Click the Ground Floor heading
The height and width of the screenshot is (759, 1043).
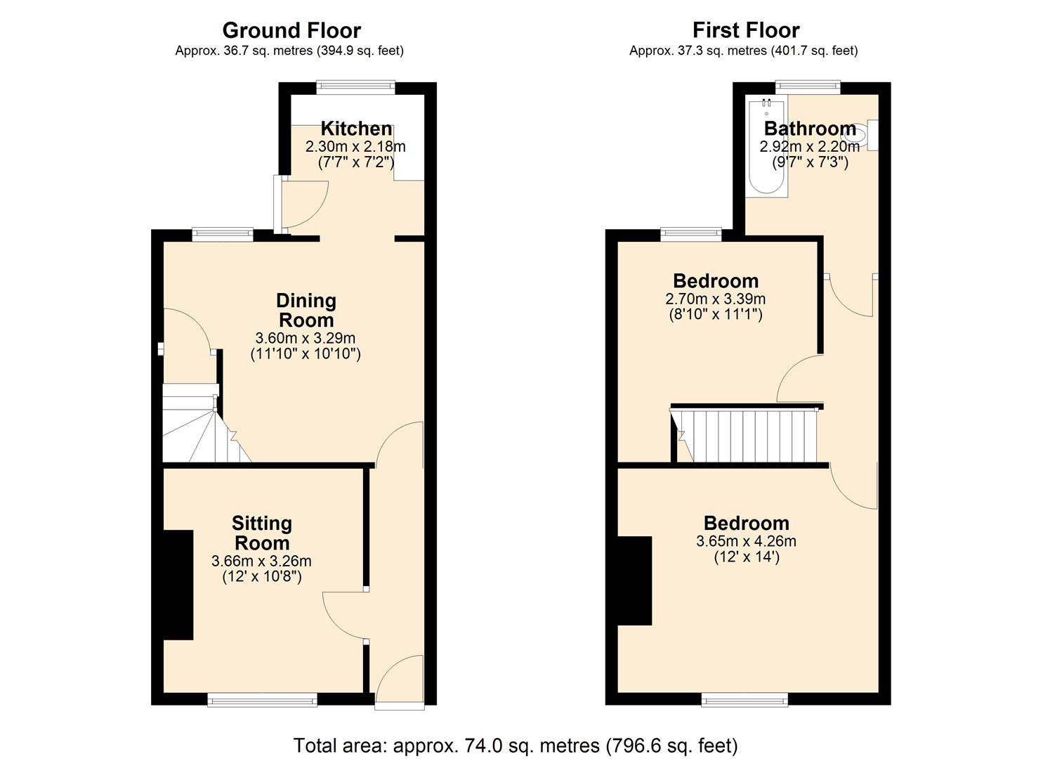pos(291,30)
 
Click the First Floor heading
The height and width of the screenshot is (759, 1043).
pos(745,30)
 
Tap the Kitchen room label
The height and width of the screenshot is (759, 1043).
pos(356,129)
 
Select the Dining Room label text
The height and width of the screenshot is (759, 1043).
pos(306,310)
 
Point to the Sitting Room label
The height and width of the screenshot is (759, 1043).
pos(261,533)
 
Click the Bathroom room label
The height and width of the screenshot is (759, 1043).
pos(809,129)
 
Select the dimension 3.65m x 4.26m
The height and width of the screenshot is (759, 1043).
pos(746,541)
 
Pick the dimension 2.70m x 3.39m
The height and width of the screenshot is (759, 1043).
pos(715,299)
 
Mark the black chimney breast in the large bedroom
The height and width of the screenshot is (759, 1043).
pos(634,580)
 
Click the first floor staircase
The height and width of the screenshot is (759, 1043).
pos(748,436)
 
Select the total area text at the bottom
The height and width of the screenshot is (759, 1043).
pos(515,745)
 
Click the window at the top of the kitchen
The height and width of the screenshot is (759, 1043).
pos(355,87)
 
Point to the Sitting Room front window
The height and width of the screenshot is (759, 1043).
pos(261,699)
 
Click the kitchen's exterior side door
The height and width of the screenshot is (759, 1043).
pos(279,204)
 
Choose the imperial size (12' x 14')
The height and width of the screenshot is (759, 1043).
pos(746,557)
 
